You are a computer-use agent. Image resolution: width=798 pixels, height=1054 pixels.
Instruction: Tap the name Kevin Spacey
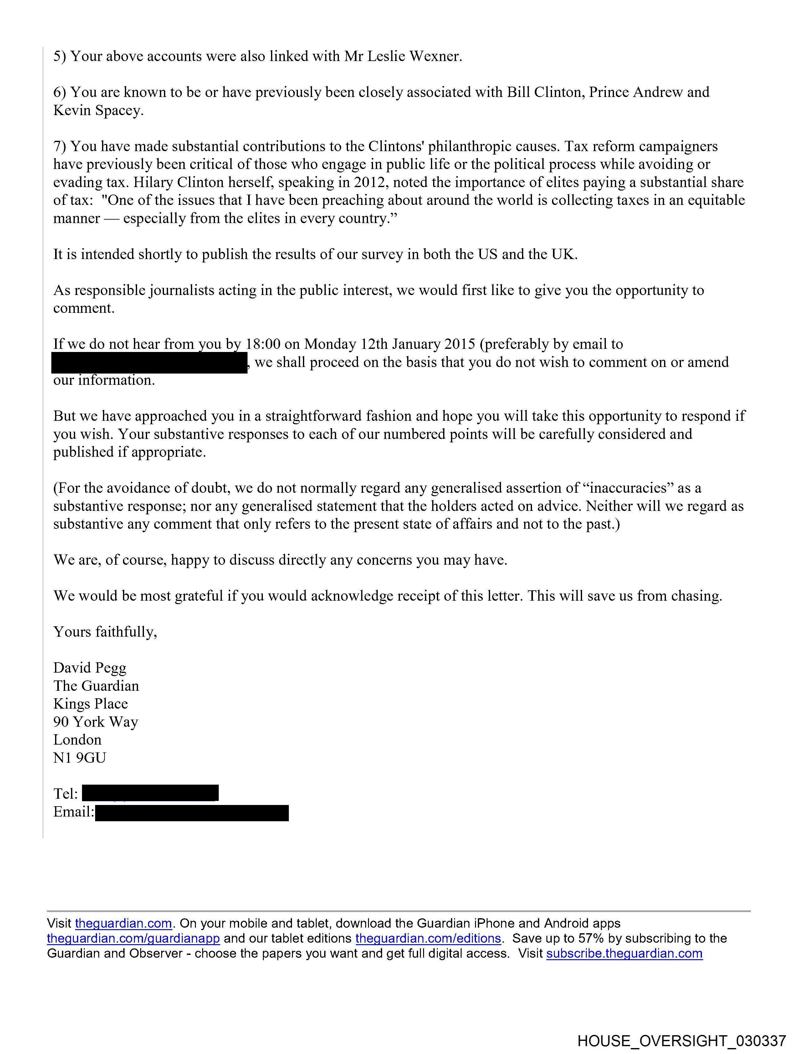point(98,110)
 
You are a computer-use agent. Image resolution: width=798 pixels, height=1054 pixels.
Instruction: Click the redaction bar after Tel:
point(150,793)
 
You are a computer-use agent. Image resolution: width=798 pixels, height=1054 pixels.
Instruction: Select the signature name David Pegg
point(90,668)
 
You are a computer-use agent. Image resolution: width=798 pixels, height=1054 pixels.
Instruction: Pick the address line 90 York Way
point(95,722)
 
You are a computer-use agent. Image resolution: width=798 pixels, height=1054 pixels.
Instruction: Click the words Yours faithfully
point(105,632)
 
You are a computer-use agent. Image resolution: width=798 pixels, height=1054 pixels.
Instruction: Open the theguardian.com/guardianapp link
point(134,938)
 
